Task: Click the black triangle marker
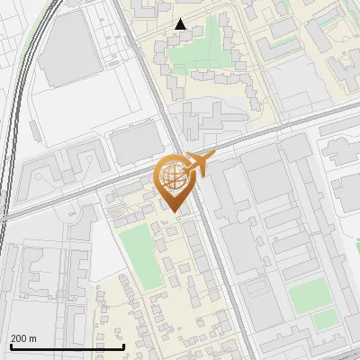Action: (181, 25)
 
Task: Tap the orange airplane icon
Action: (196, 165)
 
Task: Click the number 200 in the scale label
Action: (18, 338)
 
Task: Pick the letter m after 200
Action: (33, 338)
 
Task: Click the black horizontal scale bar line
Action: (67, 346)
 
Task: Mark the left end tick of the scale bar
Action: (11, 345)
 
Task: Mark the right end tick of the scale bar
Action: (123, 345)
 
